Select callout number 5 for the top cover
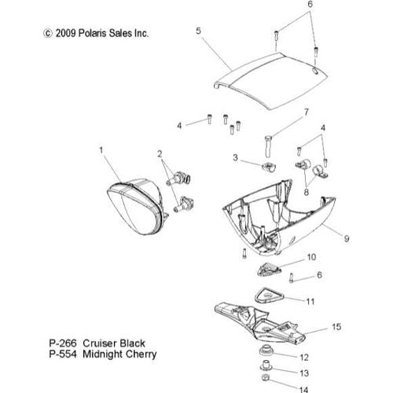pyautogui.click(x=199, y=31)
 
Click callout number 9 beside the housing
pyautogui.click(x=347, y=239)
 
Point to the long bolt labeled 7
pyautogui.click(x=269, y=146)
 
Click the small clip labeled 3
pyautogui.click(x=269, y=167)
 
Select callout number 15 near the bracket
pyautogui.click(x=336, y=327)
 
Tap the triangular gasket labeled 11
pyautogui.click(x=270, y=296)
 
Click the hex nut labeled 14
pyautogui.click(x=265, y=378)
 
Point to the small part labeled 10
pyautogui.click(x=268, y=270)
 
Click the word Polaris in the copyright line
pyautogui.click(x=93, y=33)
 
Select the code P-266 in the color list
pyautogui.click(x=63, y=343)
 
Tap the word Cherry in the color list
pyautogui.click(x=141, y=354)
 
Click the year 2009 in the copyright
pyautogui.click(x=65, y=33)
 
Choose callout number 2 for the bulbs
pyautogui.click(x=160, y=154)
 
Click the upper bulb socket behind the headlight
pyautogui.click(x=179, y=178)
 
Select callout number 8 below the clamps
pyautogui.click(x=307, y=192)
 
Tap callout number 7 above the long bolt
pyautogui.click(x=307, y=112)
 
